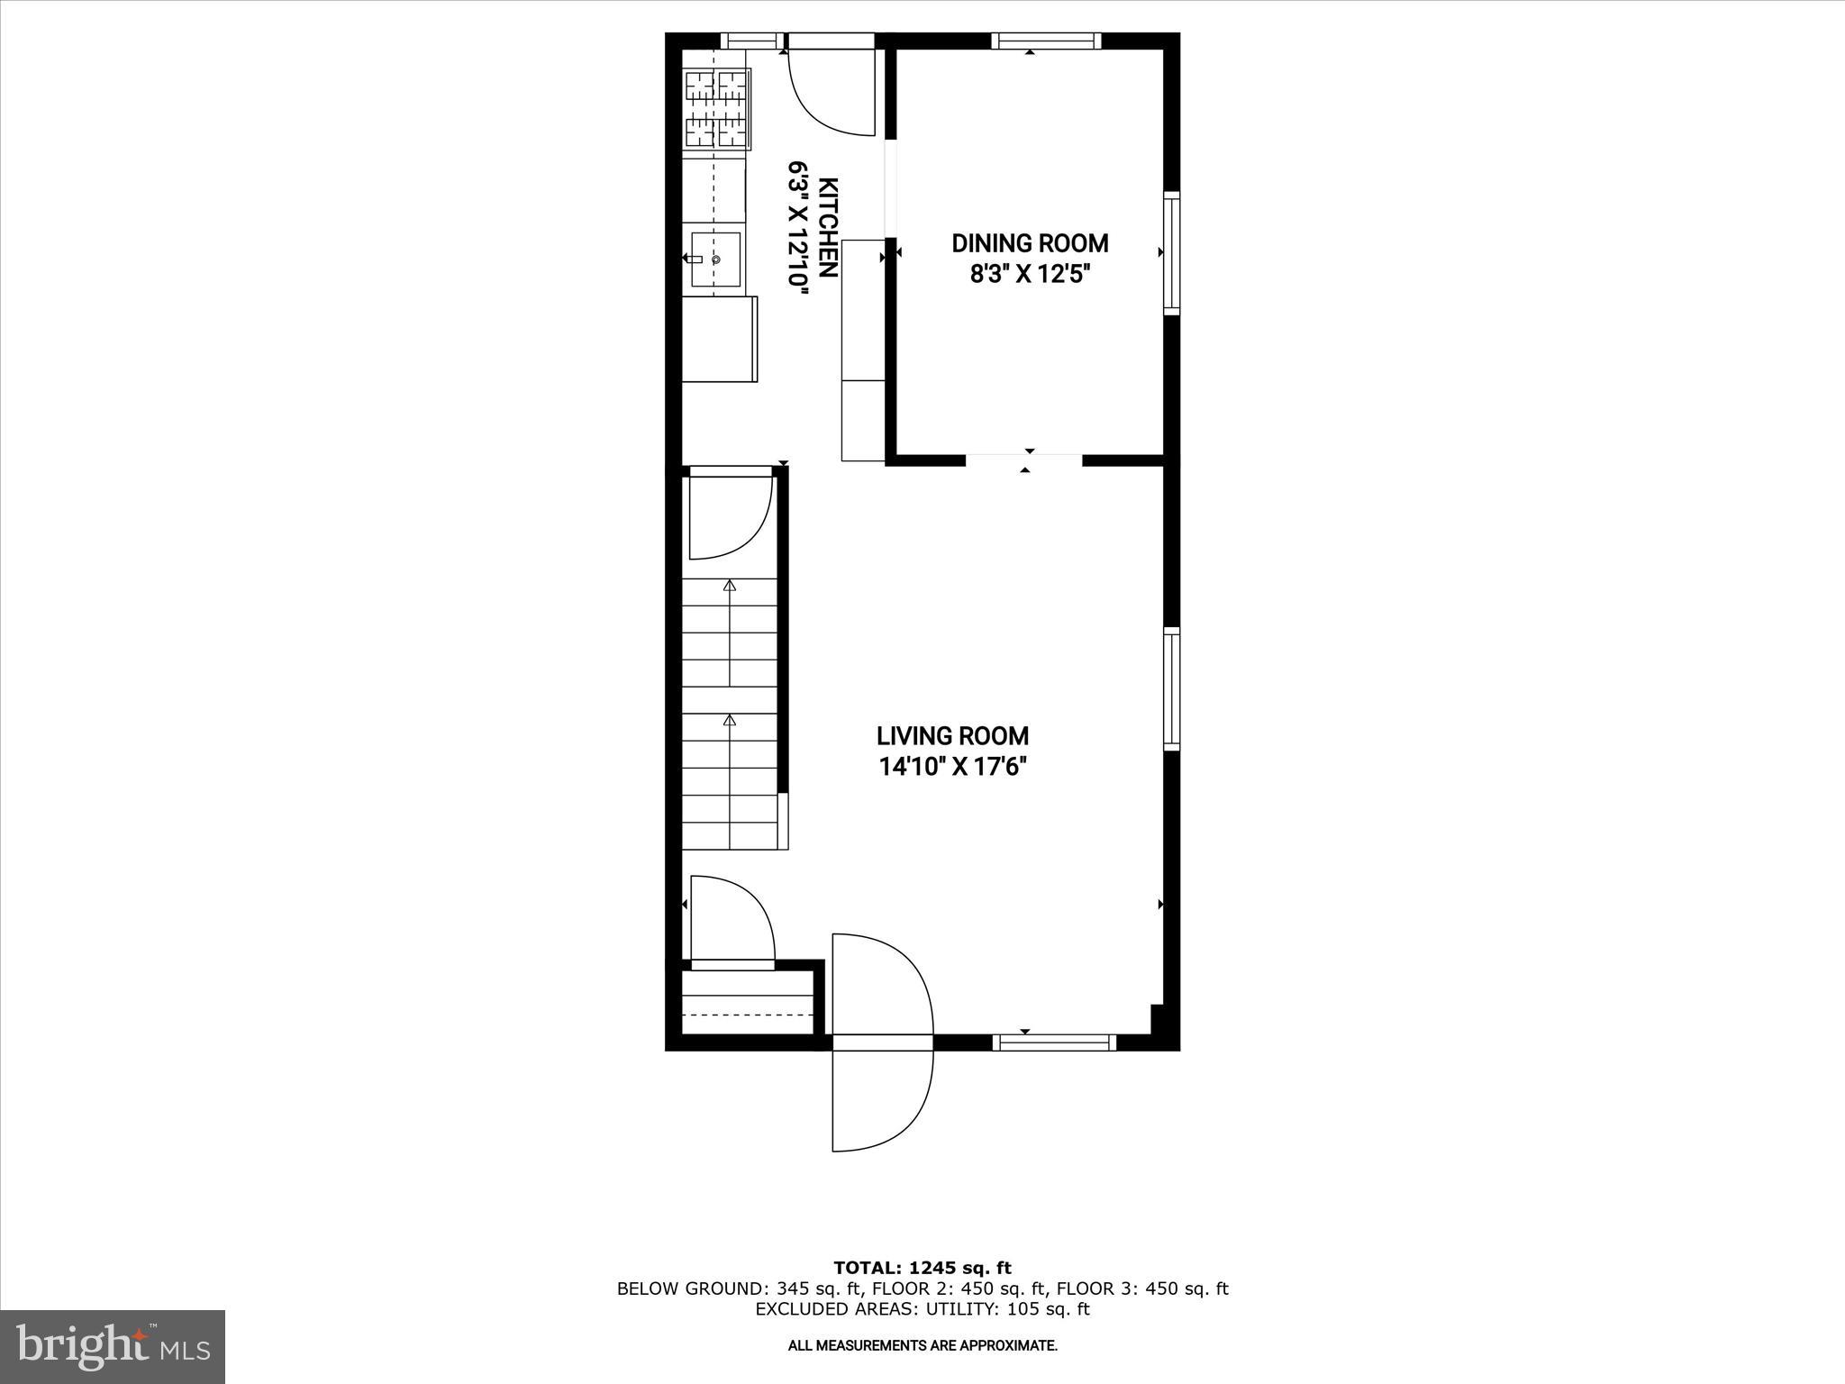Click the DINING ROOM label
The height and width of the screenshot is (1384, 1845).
coord(1030,243)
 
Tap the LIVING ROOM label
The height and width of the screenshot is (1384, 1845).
coord(952,736)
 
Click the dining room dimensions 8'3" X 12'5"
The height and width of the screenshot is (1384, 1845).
coord(1030,274)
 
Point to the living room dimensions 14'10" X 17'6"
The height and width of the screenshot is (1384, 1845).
coord(952,767)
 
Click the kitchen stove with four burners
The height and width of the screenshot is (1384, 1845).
coord(718,109)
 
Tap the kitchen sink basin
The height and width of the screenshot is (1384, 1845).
coord(715,259)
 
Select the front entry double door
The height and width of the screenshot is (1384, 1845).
coord(881,1043)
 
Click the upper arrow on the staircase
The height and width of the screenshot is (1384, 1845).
coord(730,587)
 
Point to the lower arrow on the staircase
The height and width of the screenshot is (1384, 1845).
coord(730,721)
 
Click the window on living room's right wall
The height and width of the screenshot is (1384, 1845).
coord(1171,689)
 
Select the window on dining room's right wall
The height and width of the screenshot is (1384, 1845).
coord(1171,253)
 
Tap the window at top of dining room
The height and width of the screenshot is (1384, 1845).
coord(1047,41)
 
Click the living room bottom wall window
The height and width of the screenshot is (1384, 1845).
coord(1054,1043)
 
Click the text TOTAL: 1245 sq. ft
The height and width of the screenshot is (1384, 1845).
coord(922,1269)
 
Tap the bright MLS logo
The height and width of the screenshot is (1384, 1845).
coord(113,1346)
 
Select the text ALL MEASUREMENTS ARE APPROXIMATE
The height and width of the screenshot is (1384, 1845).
coord(922,1346)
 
